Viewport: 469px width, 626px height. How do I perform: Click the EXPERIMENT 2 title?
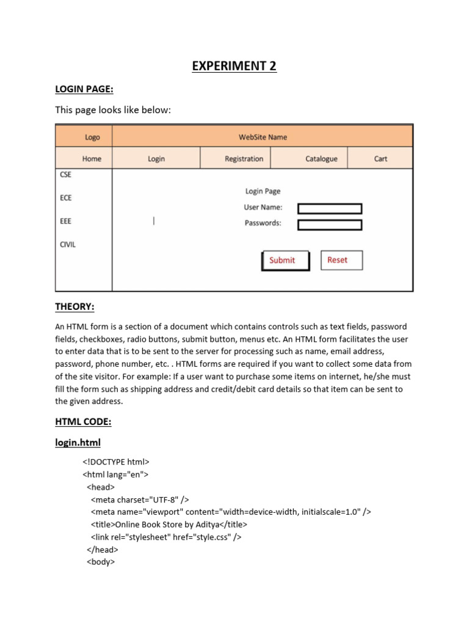(x=234, y=66)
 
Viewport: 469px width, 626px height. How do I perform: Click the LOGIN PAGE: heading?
(x=85, y=89)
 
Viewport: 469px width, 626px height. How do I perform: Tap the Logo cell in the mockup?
(x=92, y=138)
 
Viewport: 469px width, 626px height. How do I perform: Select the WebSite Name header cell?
(x=263, y=137)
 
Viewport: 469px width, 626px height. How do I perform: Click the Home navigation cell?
(x=92, y=159)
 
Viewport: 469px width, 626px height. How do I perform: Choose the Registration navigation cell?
(x=244, y=159)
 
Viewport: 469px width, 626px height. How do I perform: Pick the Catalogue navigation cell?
(x=321, y=159)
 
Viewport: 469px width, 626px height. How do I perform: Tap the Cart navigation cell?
(x=380, y=159)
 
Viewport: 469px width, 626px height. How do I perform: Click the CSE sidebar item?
(x=65, y=174)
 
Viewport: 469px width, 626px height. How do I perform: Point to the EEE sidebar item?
(x=65, y=221)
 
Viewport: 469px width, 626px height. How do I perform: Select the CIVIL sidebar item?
(x=68, y=245)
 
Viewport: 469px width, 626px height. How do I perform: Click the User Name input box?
(x=330, y=208)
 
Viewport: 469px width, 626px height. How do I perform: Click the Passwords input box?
(x=330, y=224)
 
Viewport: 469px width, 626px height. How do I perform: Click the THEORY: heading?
(x=75, y=306)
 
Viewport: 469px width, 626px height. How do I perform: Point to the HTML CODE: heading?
(x=83, y=422)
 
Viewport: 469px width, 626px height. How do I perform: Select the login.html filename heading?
(x=78, y=442)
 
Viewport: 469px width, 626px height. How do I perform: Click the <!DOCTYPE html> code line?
(x=116, y=462)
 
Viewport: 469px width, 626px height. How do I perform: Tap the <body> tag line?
(x=101, y=562)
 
